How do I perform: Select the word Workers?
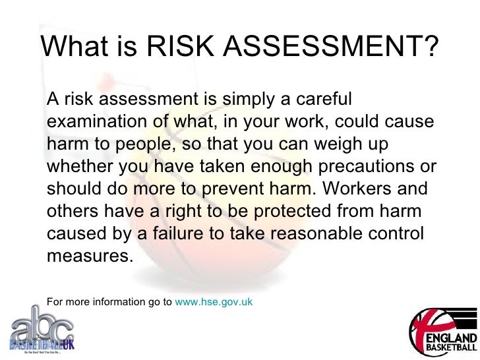pyautogui.click(x=365, y=188)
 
